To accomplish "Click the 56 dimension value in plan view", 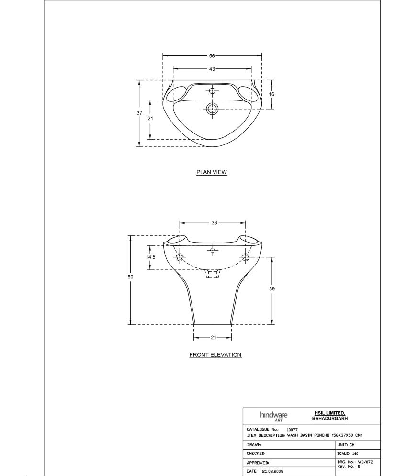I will (x=212, y=55).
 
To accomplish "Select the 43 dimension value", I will (x=212, y=69).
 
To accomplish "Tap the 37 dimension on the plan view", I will (x=139, y=113).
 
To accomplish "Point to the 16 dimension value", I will (x=271, y=94).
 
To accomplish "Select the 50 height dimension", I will (x=130, y=277).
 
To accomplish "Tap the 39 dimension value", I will (x=272, y=289).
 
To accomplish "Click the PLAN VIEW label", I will (x=212, y=172).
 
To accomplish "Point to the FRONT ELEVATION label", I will (x=215, y=355).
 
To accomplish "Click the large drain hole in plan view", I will (x=212, y=109).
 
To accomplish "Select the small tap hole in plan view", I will (x=212, y=91).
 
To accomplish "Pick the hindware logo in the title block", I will (x=273, y=416).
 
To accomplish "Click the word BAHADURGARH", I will (x=329, y=419).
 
